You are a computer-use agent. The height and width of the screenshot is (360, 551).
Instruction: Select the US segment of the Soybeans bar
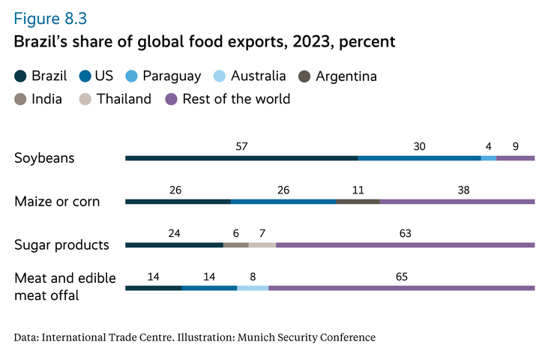tap(419, 158)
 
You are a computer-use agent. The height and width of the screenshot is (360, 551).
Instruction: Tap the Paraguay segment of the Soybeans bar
tap(488, 158)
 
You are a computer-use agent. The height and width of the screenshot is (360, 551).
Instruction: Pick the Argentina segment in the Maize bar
tap(358, 202)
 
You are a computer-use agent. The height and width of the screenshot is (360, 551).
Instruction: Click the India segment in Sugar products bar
tap(235, 245)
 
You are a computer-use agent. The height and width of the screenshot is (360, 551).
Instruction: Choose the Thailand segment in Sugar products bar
tap(262, 245)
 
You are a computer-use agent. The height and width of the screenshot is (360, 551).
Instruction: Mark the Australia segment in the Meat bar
tap(253, 288)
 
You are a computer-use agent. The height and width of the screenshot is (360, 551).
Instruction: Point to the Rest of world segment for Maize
tap(457, 202)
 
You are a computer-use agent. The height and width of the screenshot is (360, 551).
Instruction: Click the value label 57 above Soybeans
tap(241, 147)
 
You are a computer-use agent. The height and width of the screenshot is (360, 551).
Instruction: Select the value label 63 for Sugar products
tap(405, 234)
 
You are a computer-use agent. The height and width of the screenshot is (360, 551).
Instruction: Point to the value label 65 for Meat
tap(401, 277)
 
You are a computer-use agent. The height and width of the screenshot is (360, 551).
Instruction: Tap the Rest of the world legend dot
tap(171, 99)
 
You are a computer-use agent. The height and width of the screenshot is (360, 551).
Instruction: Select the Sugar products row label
tap(62, 245)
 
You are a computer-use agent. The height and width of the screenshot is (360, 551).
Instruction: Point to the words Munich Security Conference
tap(305, 337)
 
